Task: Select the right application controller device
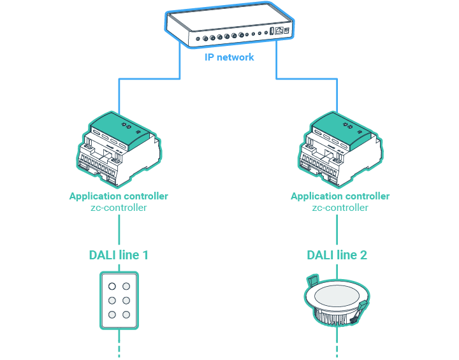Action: (x=340, y=150)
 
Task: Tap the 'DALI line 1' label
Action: (x=119, y=256)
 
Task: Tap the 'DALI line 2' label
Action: (x=337, y=256)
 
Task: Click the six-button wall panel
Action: (x=119, y=300)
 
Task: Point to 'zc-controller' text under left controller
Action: (x=119, y=208)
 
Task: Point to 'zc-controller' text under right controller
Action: (x=340, y=208)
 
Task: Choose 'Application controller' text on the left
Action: (x=119, y=196)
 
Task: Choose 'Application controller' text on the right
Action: (x=340, y=196)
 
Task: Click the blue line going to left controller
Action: (x=119, y=96)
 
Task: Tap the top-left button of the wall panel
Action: (x=112, y=286)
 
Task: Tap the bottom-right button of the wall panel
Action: (x=127, y=314)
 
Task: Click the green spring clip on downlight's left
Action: (x=312, y=281)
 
